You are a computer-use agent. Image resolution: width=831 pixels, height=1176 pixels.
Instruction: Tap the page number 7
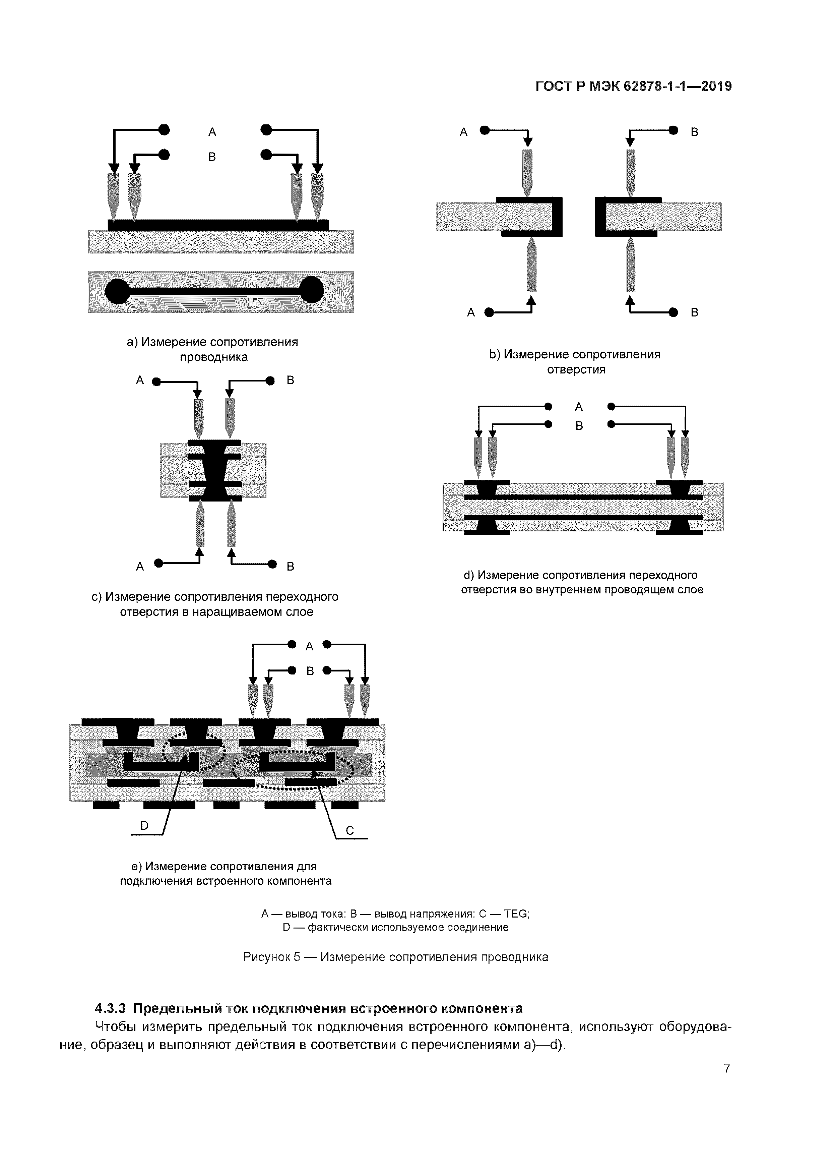726,1068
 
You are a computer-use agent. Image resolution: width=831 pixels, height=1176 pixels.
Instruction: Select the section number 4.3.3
111,1008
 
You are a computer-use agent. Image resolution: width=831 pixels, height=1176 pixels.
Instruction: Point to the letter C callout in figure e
350,830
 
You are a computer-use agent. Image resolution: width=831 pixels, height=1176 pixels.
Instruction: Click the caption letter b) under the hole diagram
494,354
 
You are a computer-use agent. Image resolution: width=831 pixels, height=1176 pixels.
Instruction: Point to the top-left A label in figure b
464,132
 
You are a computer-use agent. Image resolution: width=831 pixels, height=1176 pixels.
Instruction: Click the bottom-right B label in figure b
694,312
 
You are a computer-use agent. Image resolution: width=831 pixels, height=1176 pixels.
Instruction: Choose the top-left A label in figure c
140,380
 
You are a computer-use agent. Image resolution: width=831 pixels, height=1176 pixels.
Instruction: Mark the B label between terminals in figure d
579,426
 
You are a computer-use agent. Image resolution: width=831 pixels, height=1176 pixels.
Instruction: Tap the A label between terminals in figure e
309,646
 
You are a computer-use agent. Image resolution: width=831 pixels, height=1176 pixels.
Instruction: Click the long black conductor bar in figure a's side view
218,225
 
